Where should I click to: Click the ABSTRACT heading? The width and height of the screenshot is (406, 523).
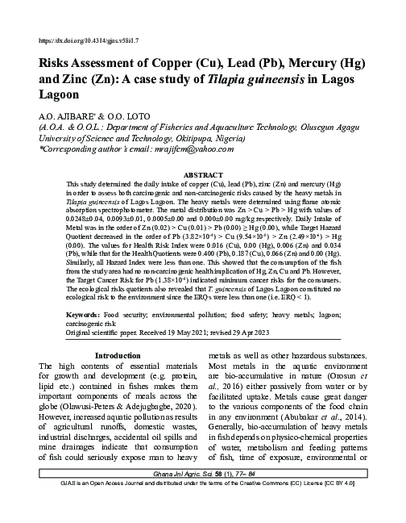point(203,174)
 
